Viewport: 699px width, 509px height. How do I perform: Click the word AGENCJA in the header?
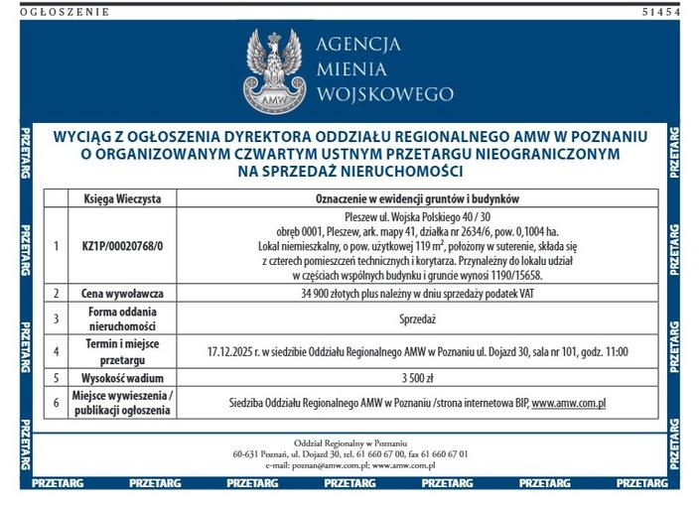pos(357,45)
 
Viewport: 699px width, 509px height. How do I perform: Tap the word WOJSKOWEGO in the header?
pos(383,95)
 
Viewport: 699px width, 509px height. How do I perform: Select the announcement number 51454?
pos(661,12)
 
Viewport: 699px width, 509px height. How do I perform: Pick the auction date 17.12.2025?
pos(234,351)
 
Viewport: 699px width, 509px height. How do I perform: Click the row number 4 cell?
pos(57,351)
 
